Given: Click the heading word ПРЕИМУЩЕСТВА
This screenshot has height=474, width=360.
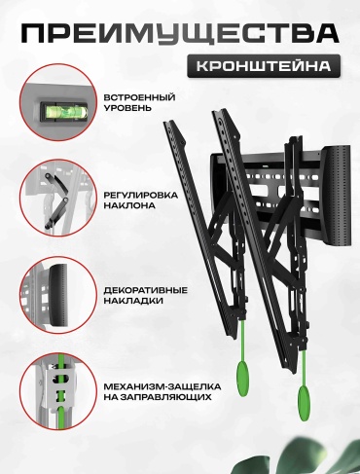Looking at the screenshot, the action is [180, 33].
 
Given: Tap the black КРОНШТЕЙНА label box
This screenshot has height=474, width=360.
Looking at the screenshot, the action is [264, 66].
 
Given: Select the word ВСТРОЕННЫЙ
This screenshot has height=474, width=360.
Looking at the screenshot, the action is [139, 97].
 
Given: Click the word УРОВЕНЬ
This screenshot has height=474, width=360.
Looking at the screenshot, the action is [127, 108].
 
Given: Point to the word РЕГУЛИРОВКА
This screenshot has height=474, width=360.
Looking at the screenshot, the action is [141, 196].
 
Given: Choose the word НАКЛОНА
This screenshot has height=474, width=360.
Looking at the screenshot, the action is [129, 205].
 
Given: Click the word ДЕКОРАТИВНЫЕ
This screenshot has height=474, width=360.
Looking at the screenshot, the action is [146, 290].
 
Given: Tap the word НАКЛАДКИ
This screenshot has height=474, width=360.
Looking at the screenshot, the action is [133, 301].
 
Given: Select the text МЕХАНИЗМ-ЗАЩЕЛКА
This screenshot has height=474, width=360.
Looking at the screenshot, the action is [162, 386].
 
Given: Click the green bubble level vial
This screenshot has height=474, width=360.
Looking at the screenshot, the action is [63, 112].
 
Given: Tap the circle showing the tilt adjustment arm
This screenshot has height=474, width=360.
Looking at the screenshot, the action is [58, 198].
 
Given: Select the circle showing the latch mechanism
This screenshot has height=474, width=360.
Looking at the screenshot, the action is [58, 391].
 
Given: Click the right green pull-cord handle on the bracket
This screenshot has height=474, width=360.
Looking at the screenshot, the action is [305, 403].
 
